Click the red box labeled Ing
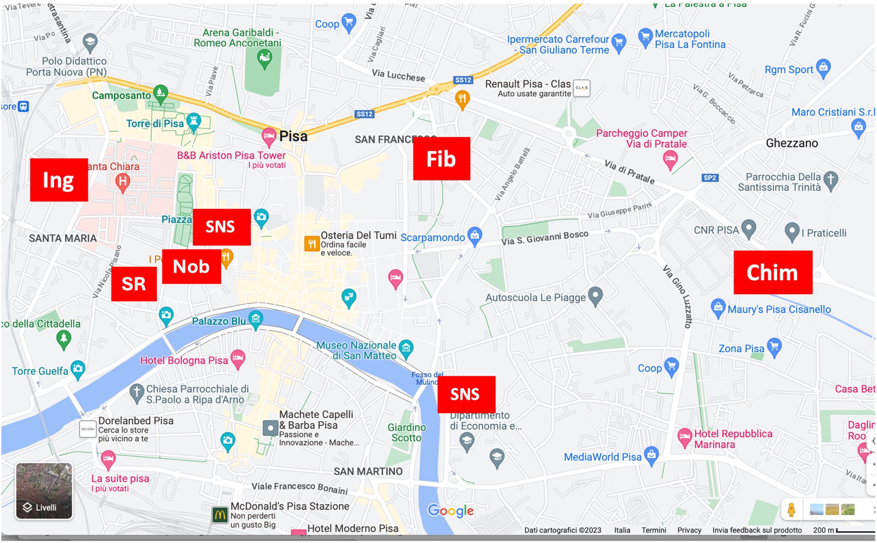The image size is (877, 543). click(59, 180)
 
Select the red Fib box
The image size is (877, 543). click(441, 158)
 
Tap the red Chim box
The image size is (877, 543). click(773, 272)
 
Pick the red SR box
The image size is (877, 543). click(134, 284)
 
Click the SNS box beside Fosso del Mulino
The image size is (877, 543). click(466, 394)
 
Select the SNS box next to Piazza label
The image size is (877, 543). click(221, 227)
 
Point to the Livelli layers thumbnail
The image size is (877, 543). click(43, 491)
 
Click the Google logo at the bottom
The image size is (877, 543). click(450, 510)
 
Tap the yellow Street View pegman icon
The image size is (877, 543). click(791, 509)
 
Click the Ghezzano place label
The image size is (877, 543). click(791, 143)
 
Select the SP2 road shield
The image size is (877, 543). click(710, 177)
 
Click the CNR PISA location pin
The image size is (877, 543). click(749, 228)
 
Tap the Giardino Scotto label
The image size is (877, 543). click(406, 432)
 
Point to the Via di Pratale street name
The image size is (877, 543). click(629, 172)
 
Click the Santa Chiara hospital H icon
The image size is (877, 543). click(123, 181)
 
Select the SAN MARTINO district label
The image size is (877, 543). click(368, 471)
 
